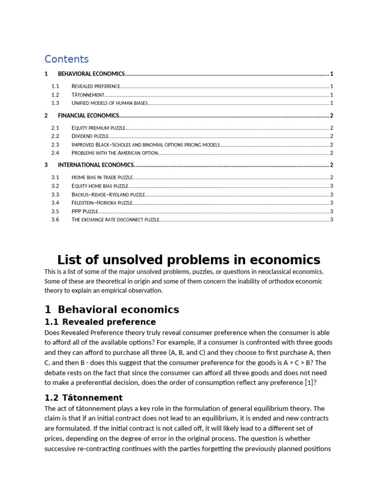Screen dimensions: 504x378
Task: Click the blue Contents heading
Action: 66,59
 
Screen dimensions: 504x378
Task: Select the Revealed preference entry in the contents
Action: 96,86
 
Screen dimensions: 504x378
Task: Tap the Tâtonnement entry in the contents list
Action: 88,94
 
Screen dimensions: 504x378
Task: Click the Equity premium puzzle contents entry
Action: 98,127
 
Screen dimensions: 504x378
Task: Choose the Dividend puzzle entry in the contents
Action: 90,136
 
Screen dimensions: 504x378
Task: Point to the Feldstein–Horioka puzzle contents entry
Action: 102,202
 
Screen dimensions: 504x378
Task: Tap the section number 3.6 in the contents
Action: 55,220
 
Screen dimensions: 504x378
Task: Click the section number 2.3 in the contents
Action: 55,145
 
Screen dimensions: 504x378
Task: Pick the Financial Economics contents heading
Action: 89,116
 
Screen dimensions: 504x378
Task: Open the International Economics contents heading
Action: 96,165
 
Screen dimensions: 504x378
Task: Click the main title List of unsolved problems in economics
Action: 189,260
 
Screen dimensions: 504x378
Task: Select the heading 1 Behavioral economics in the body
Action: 112,310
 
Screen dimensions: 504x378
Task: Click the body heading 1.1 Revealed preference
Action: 100,322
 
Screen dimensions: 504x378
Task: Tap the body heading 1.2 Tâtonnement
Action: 83,398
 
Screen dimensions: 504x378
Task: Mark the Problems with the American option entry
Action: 115,153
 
